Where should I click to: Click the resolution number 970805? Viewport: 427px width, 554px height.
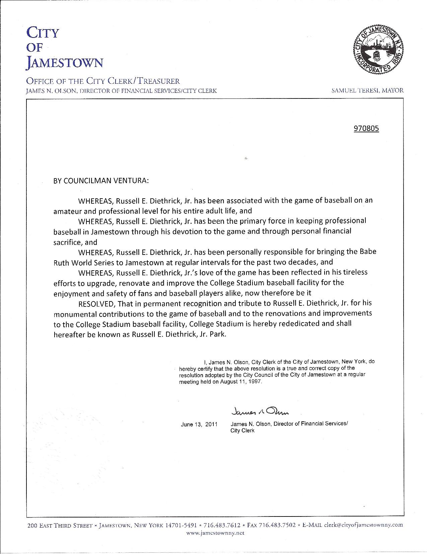pos(366,129)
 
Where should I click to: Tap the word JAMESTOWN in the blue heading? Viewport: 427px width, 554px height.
pos(65,63)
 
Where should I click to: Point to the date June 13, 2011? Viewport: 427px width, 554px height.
pos(199,424)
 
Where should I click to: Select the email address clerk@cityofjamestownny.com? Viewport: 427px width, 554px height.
pos(364,525)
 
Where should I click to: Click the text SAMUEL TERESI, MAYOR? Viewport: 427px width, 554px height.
pos(367,90)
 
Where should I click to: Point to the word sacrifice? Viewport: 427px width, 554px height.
pos(67,242)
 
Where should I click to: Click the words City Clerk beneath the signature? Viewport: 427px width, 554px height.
pos(242,431)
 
